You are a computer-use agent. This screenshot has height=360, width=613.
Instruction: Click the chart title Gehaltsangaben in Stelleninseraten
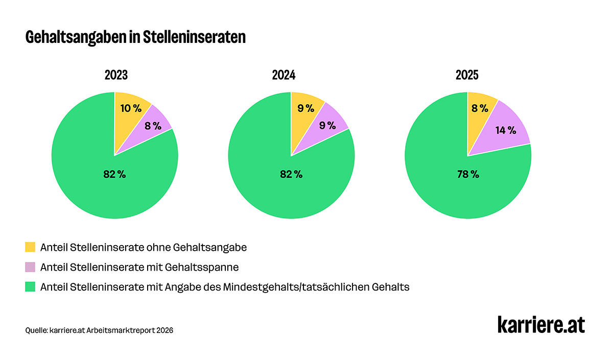coord(135,38)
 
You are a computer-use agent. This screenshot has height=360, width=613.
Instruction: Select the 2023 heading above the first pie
coord(116,76)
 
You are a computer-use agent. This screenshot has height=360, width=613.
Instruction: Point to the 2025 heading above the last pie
coord(467,76)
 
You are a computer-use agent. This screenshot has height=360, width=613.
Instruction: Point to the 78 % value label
coord(468,174)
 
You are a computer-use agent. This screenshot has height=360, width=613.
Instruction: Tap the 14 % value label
coord(506,130)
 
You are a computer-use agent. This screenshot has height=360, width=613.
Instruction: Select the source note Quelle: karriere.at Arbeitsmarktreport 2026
coord(99,330)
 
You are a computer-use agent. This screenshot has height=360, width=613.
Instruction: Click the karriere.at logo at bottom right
coord(541,325)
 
